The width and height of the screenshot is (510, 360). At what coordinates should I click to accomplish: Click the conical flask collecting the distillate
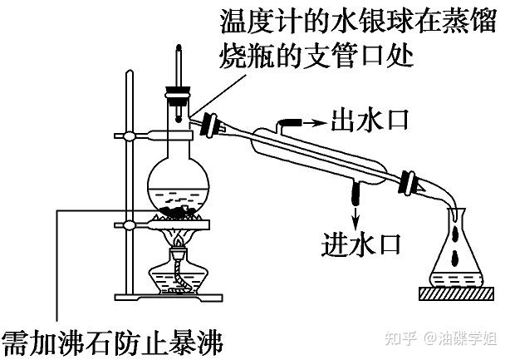[x=455, y=254]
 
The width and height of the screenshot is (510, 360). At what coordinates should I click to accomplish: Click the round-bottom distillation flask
[x=176, y=186]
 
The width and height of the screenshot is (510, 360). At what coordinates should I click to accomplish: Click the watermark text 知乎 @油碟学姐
[x=448, y=337]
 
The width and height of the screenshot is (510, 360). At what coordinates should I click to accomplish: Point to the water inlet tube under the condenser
[x=356, y=194]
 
